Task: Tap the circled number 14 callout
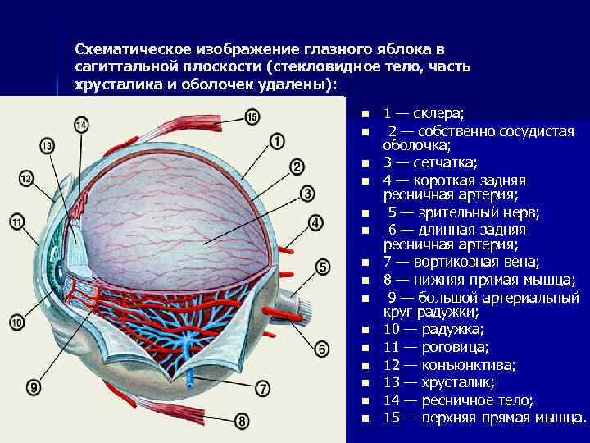click(x=80, y=126)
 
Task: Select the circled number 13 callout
click(x=47, y=146)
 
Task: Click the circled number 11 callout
click(x=17, y=220)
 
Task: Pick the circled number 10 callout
click(x=17, y=323)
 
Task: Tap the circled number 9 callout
click(x=34, y=386)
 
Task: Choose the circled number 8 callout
click(x=242, y=421)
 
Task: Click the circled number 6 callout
click(x=322, y=349)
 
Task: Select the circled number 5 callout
click(x=322, y=266)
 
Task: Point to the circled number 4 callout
click(x=315, y=222)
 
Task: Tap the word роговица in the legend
click(x=455, y=347)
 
